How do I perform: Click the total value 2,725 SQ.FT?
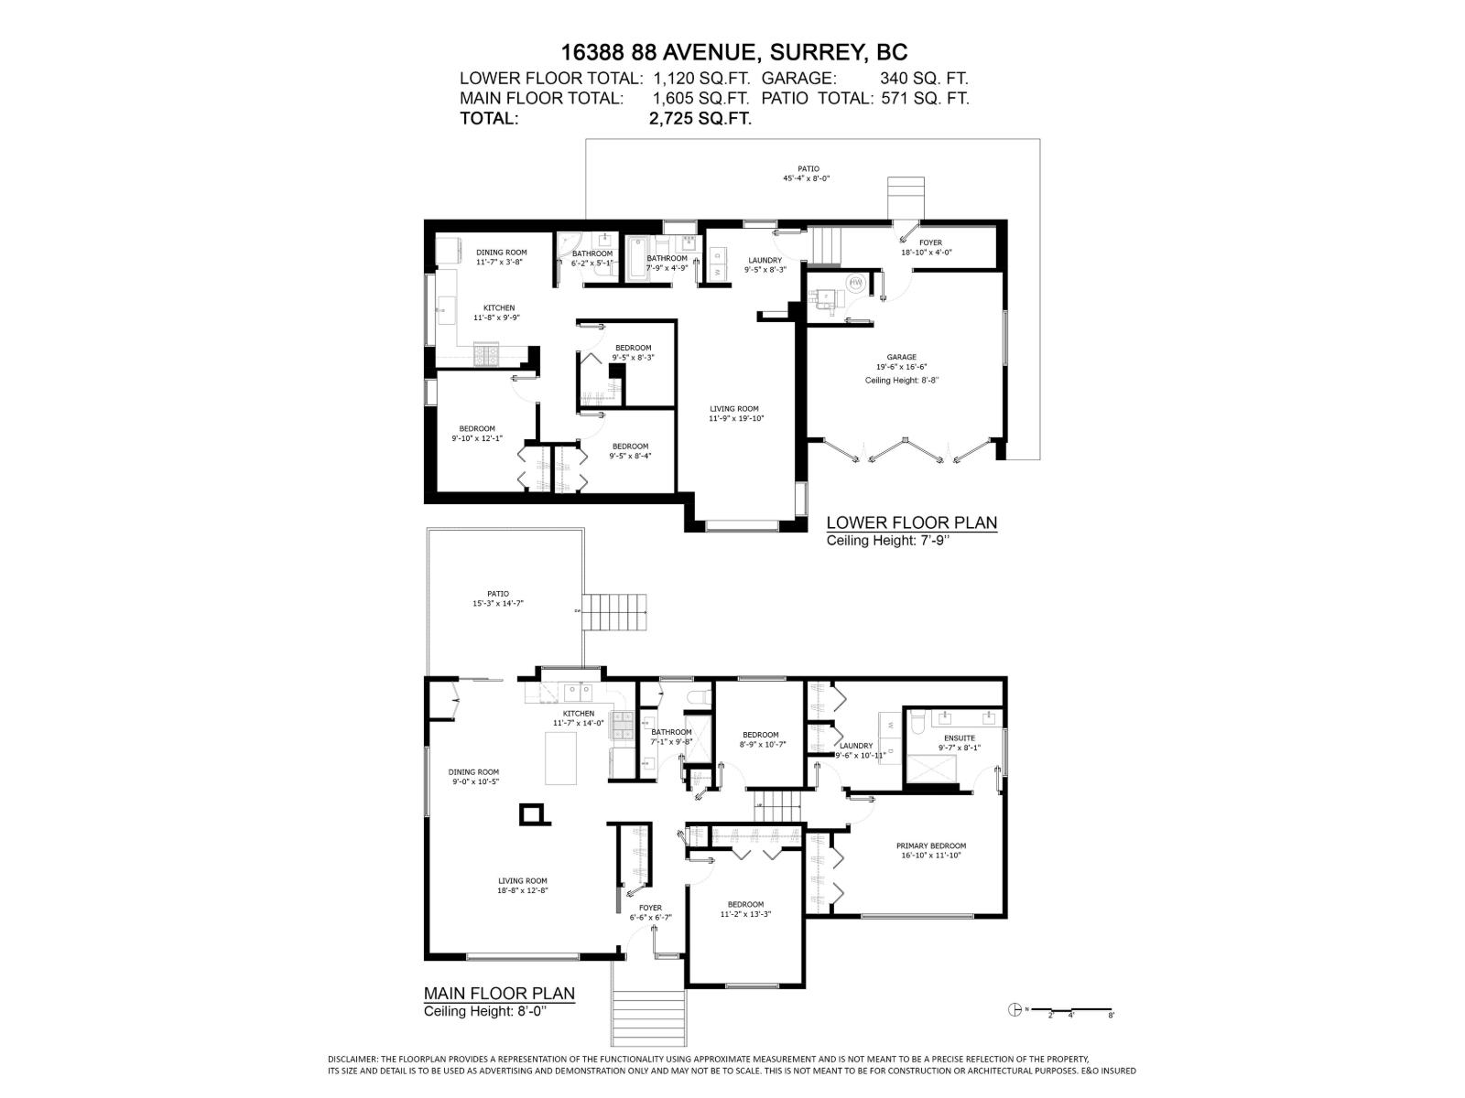[700, 119]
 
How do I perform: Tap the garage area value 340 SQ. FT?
[924, 79]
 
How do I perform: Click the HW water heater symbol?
[856, 284]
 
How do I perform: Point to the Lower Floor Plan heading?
[911, 522]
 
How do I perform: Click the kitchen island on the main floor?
[561, 759]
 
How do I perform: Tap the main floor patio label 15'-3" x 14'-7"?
[497, 598]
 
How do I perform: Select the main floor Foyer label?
[650, 912]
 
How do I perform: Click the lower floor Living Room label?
[734, 414]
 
